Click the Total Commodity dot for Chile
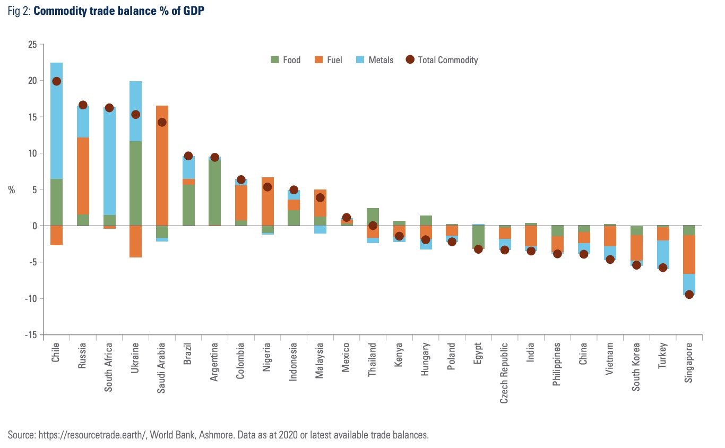point(56,81)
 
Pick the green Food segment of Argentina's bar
point(214,191)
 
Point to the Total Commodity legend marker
point(410,60)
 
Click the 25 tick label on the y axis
point(32,45)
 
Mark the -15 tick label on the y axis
point(30,335)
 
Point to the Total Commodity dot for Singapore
point(689,295)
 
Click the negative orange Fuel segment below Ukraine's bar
point(135,242)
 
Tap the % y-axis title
point(12,190)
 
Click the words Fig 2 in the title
point(19,11)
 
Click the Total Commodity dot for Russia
point(83,105)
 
